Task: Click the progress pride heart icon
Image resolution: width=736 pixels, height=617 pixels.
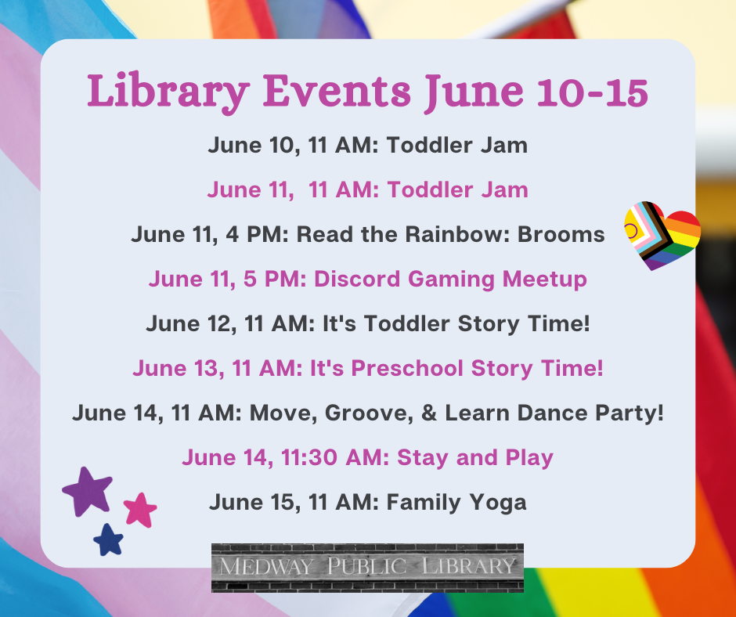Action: coord(662,235)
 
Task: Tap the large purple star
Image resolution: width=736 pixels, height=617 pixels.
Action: coord(88,492)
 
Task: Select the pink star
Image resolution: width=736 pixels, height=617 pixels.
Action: coord(140,509)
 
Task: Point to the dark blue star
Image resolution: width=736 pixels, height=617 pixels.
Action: coord(109,539)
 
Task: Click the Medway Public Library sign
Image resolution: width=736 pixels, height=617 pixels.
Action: coord(367,566)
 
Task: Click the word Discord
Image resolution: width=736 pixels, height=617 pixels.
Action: coord(355,279)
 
